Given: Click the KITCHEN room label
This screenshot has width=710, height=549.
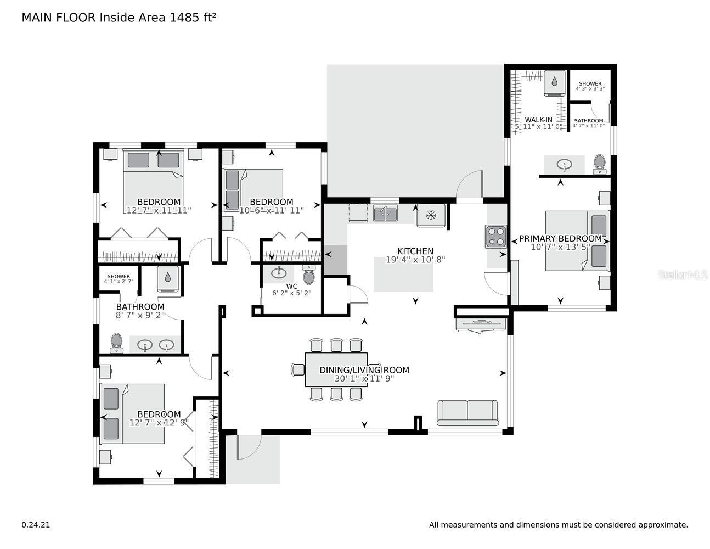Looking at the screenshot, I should point(415,251).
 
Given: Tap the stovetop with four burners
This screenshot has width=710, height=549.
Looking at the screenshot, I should point(495,237).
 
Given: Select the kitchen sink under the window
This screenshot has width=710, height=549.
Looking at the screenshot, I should point(385,213).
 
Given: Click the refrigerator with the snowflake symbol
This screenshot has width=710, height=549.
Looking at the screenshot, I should point(431,215).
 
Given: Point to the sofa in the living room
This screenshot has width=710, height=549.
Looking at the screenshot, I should point(467,412).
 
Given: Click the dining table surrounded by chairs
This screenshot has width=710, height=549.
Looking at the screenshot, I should point(336,369).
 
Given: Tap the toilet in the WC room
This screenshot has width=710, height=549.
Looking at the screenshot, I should point(309,274).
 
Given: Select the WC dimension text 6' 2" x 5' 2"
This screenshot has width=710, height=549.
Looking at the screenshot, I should point(291,293).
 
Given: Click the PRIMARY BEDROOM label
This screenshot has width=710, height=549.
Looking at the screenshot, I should point(560,238).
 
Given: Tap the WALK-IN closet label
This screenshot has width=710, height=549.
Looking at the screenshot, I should point(538,120).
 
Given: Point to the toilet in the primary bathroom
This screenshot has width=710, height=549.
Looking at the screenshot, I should point(600,164).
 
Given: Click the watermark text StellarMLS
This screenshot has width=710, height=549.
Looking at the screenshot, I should point(683,274).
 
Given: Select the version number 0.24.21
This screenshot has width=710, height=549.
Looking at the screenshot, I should point(36,525).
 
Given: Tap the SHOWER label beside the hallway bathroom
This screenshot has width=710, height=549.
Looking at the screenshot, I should point(119,276).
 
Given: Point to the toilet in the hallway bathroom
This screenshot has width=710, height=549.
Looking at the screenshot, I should point(116,343).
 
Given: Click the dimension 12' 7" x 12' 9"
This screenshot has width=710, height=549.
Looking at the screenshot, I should point(159,423).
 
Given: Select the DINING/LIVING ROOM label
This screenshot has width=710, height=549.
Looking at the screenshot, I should point(364,370).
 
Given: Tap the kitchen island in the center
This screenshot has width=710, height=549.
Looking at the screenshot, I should point(403,274).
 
